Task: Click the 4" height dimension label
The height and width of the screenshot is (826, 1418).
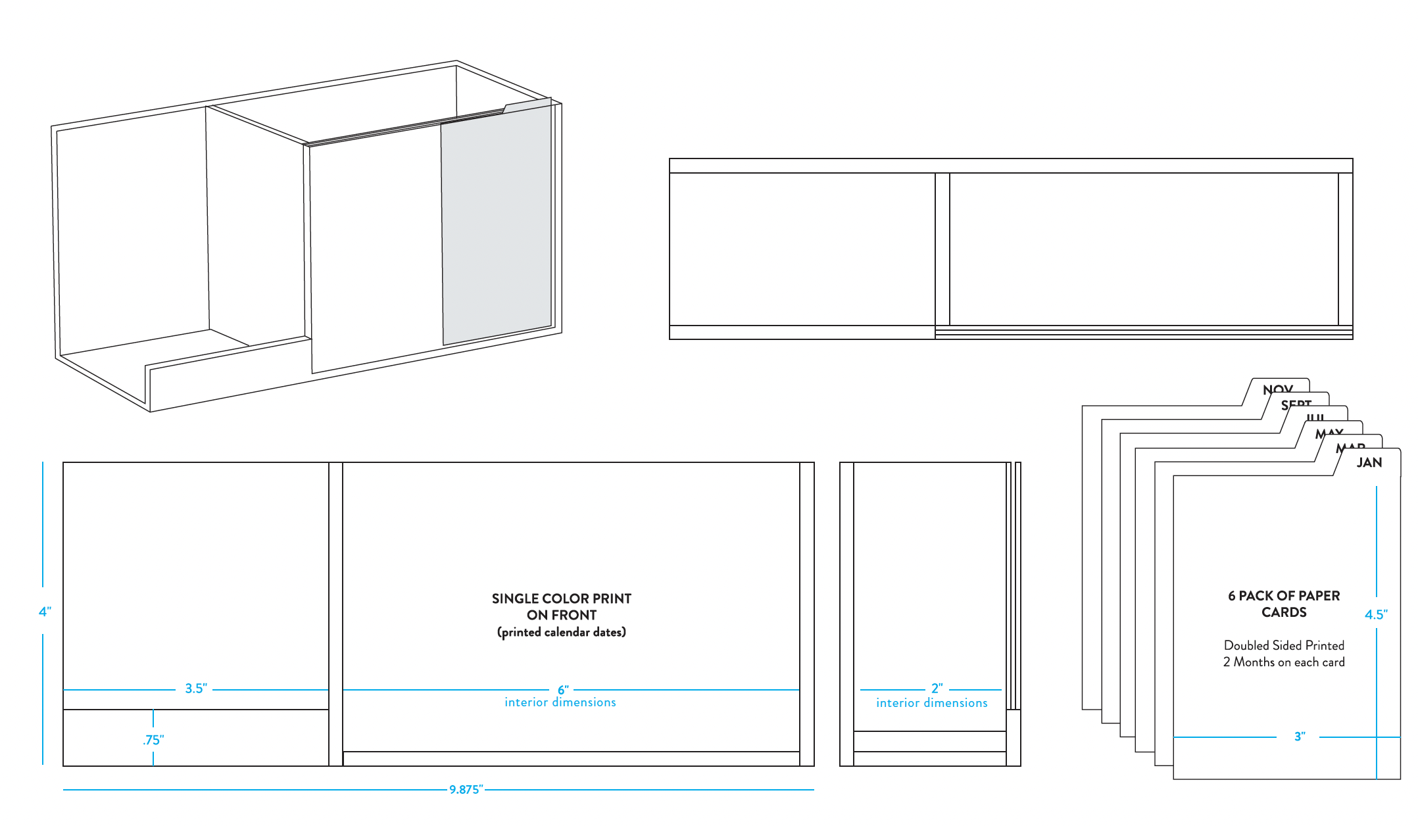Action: click(x=45, y=612)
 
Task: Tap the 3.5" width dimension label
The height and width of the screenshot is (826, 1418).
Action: click(x=195, y=689)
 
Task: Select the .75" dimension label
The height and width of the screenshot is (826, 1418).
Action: click(x=153, y=740)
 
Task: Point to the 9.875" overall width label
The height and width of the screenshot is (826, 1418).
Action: click(x=466, y=789)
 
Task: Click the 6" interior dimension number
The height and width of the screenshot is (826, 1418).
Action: click(x=563, y=689)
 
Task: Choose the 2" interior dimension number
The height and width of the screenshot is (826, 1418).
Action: click(x=937, y=688)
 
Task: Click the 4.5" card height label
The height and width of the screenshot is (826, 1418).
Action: click(x=1375, y=614)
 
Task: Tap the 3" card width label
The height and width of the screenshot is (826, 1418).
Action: click(x=1299, y=737)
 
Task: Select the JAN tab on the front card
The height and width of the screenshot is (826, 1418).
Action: click(x=1369, y=462)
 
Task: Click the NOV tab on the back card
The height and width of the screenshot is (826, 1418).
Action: click(x=1278, y=389)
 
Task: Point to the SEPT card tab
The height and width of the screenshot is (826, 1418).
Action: click(x=1296, y=404)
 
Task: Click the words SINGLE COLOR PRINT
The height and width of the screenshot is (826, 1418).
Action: click(x=561, y=598)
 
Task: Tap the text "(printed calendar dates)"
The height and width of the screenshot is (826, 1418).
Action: click(x=561, y=632)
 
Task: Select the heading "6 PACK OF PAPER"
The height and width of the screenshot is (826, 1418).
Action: click(x=1283, y=596)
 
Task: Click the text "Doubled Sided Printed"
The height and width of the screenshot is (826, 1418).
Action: click(x=1283, y=645)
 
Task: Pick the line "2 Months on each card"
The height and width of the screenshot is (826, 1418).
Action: click(x=1283, y=662)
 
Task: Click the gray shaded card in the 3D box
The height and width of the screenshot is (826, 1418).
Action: click(x=497, y=224)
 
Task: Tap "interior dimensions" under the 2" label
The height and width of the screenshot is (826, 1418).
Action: click(x=931, y=703)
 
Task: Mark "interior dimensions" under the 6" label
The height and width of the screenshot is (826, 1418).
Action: click(x=560, y=702)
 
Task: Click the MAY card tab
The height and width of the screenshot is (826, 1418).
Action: click(x=1329, y=433)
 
